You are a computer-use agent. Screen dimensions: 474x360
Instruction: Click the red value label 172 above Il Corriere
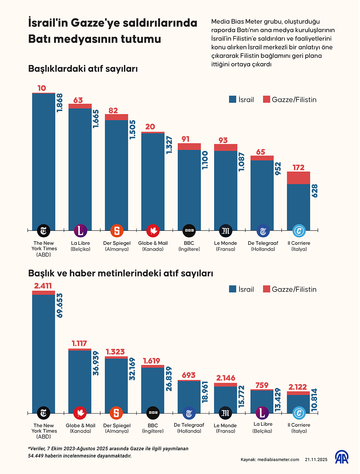pyautogui.click(x=298, y=167)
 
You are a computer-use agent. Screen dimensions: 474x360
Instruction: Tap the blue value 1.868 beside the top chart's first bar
pyautogui.click(x=60, y=103)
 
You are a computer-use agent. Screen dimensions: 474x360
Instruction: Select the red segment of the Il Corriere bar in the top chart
pyautogui.click(x=298, y=178)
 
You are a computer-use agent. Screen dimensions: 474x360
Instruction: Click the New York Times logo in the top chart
pyautogui.click(x=44, y=231)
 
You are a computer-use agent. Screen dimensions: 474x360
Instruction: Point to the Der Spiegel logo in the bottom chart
pyautogui.click(x=116, y=413)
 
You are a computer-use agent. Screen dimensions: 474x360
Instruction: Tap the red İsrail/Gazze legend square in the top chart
pyautogui.click(x=266, y=99)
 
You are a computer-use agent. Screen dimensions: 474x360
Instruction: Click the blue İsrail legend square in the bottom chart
pyautogui.click(x=233, y=289)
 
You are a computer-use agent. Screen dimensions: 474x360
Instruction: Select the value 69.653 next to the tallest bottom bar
pyautogui.click(x=60, y=305)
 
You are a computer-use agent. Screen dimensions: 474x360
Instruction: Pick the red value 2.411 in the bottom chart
pyautogui.click(x=43, y=286)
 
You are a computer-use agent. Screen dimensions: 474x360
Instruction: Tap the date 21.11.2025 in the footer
pyautogui.click(x=316, y=460)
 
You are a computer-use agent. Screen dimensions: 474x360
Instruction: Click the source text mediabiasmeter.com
pyautogui.click(x=278, y=460)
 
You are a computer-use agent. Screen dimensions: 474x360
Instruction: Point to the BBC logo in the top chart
pyautogui.click(x=189, y=231)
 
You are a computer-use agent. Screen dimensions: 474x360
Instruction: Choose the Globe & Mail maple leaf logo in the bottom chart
pyautogui.click(x=80, y=413)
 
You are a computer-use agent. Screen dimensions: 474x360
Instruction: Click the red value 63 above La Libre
pyautogui.click(x=78, y=100)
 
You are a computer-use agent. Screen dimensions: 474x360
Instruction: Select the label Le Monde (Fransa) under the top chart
pyautogui.click(x=225, y=246)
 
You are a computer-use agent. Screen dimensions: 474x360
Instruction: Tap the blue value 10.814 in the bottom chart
pyautogui.click(x=314, y=400)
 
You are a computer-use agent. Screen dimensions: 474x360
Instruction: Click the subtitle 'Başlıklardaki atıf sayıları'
pyautogui.click(x=83, y=69)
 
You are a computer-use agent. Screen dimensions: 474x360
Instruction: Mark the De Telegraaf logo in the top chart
pyautogui.click(x=263, y=231)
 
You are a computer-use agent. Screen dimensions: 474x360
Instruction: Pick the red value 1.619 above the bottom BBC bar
pyautogui.click(x=151, y=361)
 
